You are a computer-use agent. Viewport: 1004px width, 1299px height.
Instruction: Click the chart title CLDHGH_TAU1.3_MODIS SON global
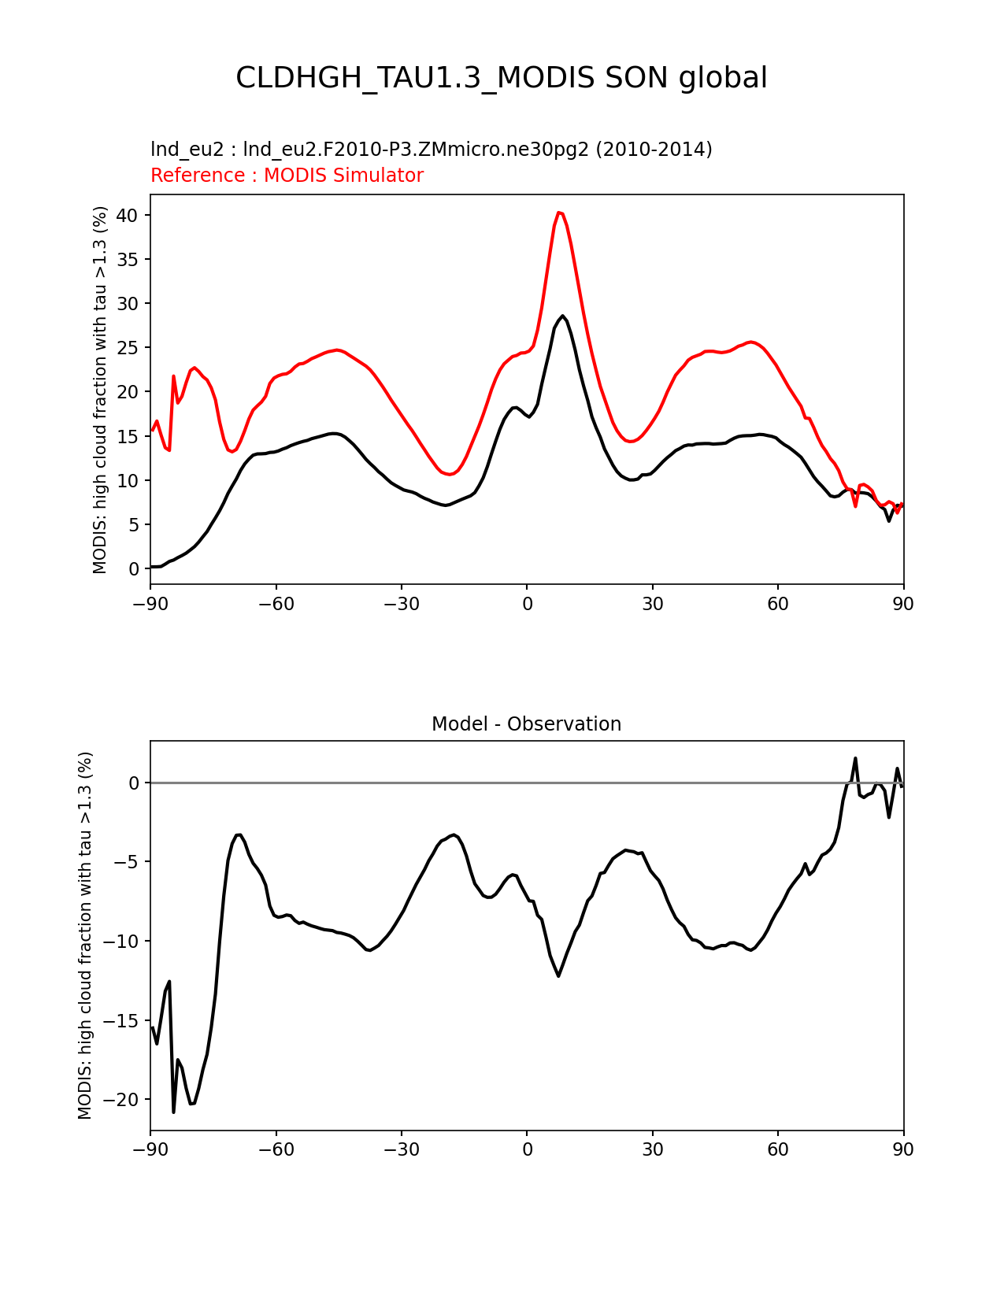pos(502,78)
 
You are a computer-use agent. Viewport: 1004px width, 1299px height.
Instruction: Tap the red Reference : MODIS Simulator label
pos(287,176)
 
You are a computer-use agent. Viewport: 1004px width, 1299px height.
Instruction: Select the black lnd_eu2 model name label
pos(431,150)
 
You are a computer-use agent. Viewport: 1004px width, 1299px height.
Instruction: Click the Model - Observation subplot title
pos(526,724)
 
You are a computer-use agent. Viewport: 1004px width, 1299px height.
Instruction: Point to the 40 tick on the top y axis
pos(128,216)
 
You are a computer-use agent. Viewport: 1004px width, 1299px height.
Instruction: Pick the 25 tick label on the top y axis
pos(128,348)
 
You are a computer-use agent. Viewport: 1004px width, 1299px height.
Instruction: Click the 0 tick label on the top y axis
pos(134,569)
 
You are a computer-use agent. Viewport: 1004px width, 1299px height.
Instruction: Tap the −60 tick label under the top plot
pos(276,604)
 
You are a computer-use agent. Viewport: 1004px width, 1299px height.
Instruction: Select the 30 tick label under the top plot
pos(652,604)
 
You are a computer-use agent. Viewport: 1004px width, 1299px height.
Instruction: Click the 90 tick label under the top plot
pos(903,604)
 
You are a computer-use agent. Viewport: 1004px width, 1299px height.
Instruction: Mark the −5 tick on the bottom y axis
pos(128,862)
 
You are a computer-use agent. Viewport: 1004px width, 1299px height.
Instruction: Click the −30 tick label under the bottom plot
pos(401,1150)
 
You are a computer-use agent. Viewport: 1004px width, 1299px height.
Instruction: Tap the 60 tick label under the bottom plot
pos(778,1150)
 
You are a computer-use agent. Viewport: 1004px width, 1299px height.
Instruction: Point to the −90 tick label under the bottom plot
pos(150,1150)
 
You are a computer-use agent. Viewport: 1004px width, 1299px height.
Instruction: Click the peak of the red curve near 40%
pos(559,213)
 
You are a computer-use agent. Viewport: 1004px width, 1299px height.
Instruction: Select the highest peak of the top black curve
pos(563,316)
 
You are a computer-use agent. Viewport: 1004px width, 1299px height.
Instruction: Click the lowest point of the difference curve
pos(174,1112)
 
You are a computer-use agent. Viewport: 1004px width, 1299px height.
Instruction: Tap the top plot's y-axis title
pos(100,390)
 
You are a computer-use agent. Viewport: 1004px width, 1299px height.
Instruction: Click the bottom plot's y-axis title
pos(86,935)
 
